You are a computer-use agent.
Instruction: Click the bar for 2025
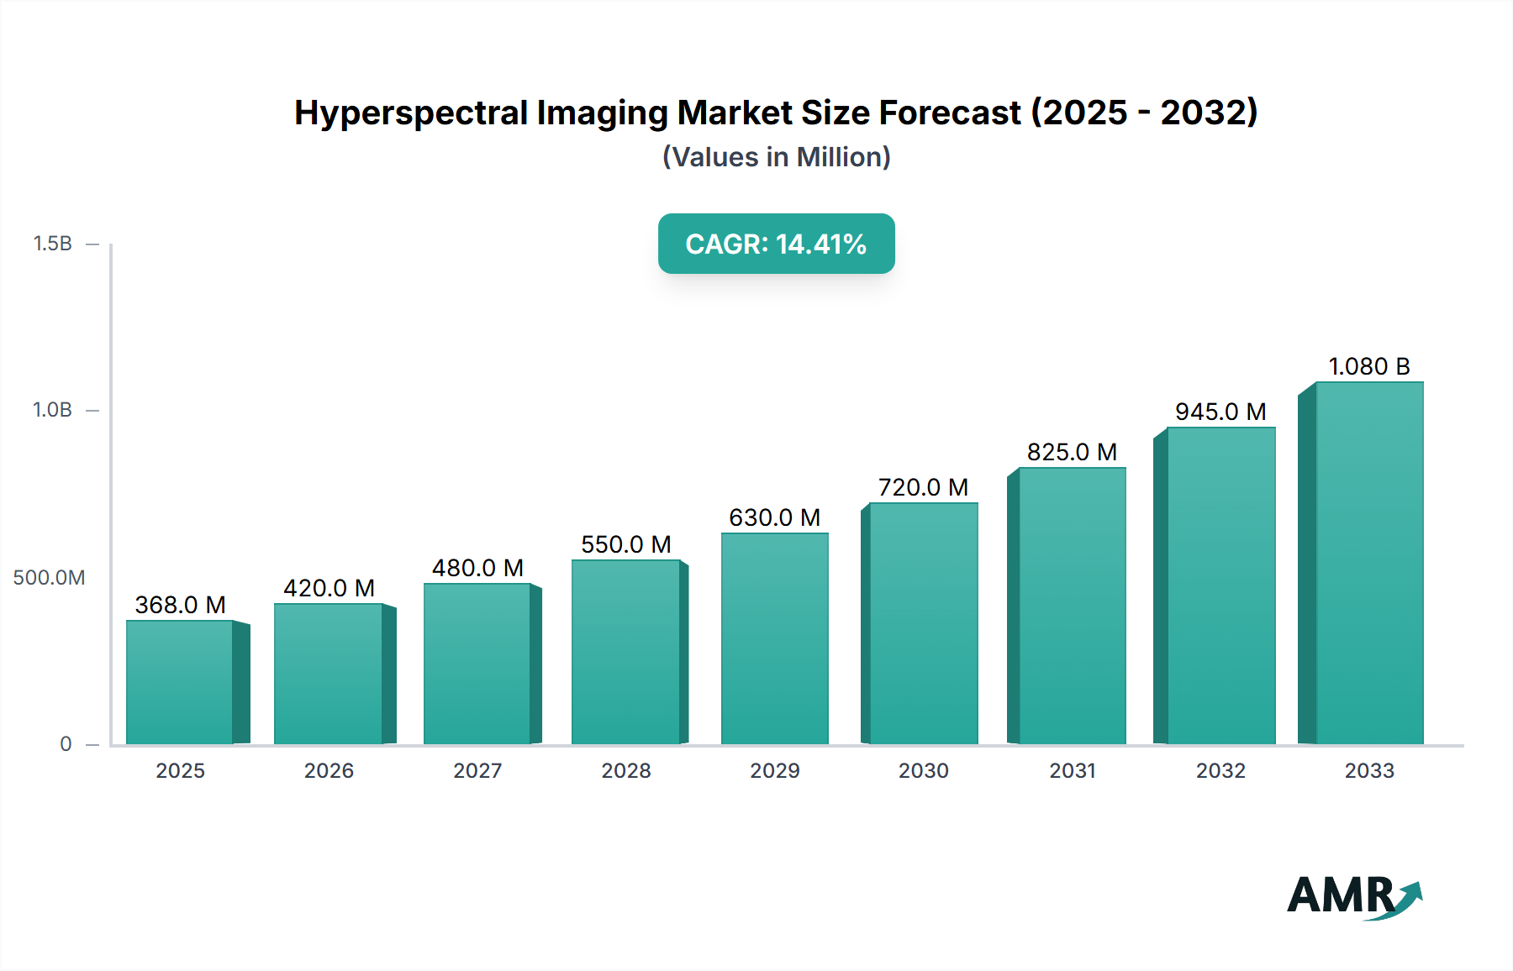[x=180, y=682]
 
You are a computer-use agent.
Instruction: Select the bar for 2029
[x=774, y=638]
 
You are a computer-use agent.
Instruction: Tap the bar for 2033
[x=1369, y=563]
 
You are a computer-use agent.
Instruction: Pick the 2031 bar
[x=1072, y=606]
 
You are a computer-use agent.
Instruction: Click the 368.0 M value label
[x=181, y=605]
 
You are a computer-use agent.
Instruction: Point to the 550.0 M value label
[x=626, y=544]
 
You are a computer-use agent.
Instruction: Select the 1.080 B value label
[x=1369, y=366]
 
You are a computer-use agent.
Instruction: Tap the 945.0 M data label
[x=1220, y=412]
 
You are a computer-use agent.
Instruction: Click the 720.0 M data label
[x=923, y=487]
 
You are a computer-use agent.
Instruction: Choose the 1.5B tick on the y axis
[x=52, y=244]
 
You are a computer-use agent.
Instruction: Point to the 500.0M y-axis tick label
[x=49, y=578]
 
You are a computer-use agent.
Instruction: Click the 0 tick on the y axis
[x=66, y=744]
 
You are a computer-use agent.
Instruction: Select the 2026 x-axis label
[x=329, y=771]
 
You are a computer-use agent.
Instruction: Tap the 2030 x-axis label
[x=923, y=771]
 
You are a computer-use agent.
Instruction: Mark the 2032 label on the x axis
[x=1220, y=771]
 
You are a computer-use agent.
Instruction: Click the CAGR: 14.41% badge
[x=776, y=244]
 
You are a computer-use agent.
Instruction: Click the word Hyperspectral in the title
[x=411, y=113]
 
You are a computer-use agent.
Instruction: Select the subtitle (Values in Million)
[x=776, y=157]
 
